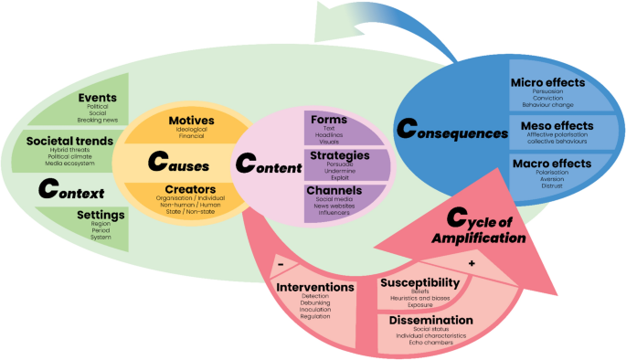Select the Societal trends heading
click(x=69, y=141)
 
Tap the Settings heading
click(x=101, y=215)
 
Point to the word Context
click(x=70, y=189)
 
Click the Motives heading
click(x=192, y=121)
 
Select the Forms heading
click(x=327, y=119)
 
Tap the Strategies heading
click(x=339, y=155)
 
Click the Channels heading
click(x=334, y=190)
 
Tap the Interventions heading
click(x=315, y=287)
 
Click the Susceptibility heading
click(x=418, y=284)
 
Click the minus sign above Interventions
click(x=280, y=265)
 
